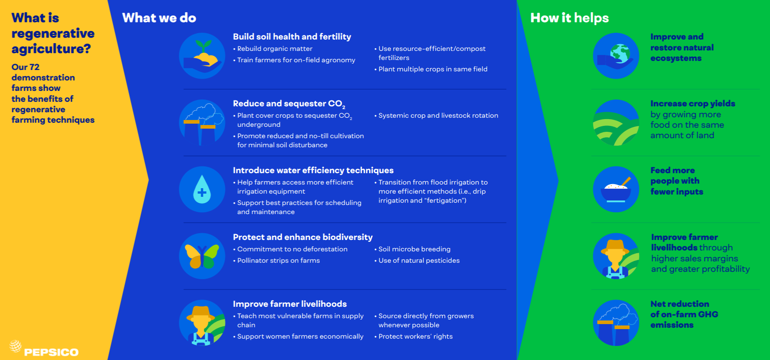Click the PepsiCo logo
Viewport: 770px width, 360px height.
point(44,349)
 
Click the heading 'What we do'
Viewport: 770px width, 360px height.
point(159,18)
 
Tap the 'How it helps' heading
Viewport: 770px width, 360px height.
point(569,18)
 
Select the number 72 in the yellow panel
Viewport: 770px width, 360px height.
point(34,67)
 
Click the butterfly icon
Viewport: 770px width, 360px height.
point(202,256)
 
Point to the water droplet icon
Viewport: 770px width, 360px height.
point(202,189)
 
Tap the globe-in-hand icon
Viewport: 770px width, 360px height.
point(616,55)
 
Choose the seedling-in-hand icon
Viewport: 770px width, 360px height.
point(202,55)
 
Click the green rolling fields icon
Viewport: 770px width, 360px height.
point(616,123)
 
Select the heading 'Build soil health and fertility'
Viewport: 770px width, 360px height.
point(292,37)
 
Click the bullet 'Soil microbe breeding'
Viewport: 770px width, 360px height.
point(413,249)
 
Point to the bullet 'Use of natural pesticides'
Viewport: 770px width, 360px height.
point(417,260)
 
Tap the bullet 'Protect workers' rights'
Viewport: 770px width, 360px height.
point(413,336)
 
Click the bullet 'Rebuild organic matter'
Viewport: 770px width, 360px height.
point(273,49)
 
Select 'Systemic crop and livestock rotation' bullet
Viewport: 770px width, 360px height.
point(436,116)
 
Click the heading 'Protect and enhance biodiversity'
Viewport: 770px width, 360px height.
point(303,237)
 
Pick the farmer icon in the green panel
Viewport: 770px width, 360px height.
point(616,256)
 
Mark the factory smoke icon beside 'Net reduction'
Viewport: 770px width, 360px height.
point(616,323)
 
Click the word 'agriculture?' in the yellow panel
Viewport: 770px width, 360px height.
point(51,49)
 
